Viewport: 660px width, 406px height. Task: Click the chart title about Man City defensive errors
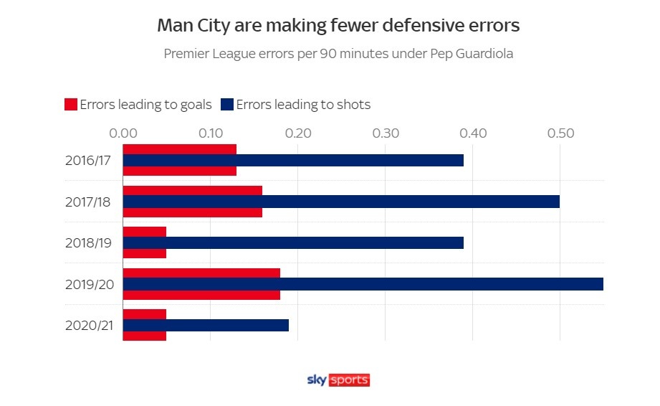point(338,26)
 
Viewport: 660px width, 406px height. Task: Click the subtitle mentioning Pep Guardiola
point(338,54)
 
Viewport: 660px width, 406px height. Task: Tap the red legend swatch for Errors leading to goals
point(70,105)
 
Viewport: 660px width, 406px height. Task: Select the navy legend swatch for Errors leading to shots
point(227,105)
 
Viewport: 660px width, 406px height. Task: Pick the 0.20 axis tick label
point(297,133)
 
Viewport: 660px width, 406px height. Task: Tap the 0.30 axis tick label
point(385,133)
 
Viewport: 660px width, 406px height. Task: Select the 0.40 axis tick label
point(472,133)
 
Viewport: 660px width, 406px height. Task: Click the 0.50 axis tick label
point(560,133)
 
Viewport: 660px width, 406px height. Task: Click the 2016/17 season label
point(87,160)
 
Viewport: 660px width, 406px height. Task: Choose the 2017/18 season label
point(87,202)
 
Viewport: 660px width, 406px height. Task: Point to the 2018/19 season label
point(87,242)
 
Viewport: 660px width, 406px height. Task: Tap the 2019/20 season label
point(87,284)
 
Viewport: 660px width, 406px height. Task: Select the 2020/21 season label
point(87,325)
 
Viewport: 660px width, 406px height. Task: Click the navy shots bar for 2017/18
point(341,202)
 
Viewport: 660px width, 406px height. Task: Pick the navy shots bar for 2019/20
point(363,284)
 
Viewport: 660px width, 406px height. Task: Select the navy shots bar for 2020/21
point(206,325)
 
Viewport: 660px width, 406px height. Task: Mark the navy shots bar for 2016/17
point(293,160)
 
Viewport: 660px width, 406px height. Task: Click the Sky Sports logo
point(338,380)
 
